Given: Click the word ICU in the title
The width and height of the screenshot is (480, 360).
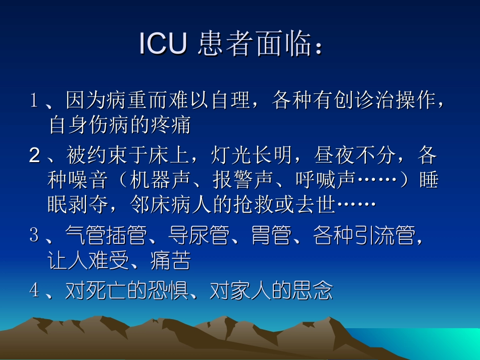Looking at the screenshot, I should click(x=163, y=44).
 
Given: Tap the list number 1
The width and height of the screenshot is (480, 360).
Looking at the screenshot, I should click(x=34, y=101).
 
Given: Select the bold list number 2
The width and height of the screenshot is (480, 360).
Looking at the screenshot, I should click(x=34, y=157).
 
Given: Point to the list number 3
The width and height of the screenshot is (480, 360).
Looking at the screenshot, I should click(x=34, y=235).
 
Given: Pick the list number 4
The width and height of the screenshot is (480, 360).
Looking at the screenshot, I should click(x=34, y=290).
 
